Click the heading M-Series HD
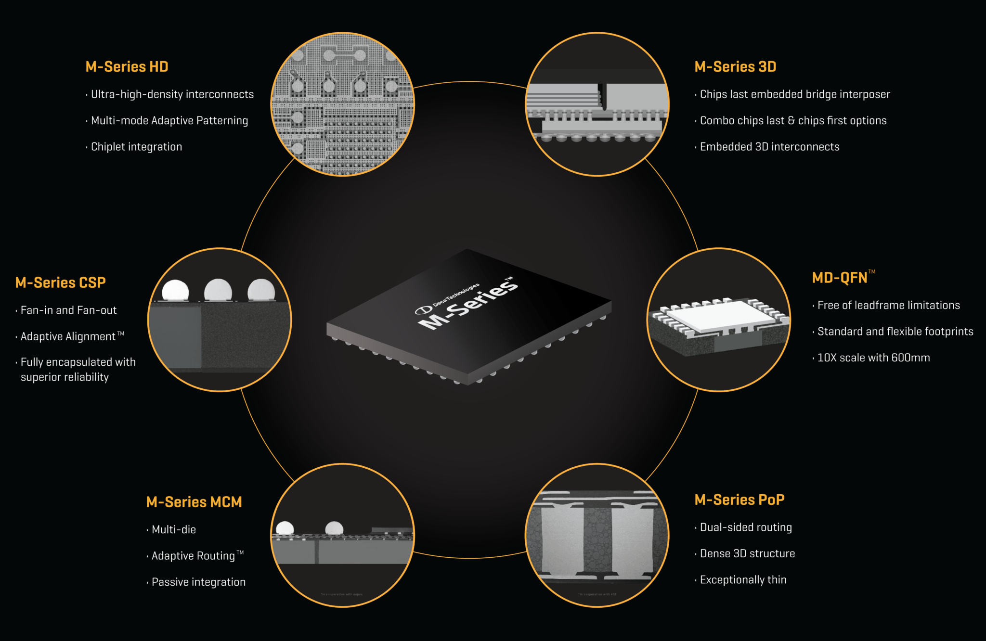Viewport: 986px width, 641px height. (x=127, y=66)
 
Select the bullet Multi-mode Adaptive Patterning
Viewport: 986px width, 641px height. (x=169, y=120)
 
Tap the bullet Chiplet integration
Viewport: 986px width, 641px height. (x=136, y=147)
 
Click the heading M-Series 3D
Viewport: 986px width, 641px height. (x=735, y=66)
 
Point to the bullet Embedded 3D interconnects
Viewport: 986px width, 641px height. (x=769, y=147)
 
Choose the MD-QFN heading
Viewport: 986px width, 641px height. (x=840, y=278)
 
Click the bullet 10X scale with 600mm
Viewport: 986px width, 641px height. (x=873, y=358)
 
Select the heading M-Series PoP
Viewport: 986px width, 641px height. (x=739, y=500)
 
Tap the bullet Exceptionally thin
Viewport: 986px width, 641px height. (x=743, y=580)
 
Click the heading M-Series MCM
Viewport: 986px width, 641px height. (x=194, y=502)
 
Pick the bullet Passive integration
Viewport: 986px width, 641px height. (x=198, y=582)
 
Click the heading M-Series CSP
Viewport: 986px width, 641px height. (x=60, y=282)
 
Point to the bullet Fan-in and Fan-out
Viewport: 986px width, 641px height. (x=68, y=310)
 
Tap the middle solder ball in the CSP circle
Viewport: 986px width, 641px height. (x=218, y=290)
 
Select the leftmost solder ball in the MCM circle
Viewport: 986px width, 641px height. (x=285, y=528)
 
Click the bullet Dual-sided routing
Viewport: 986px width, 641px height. (x=746, y=527)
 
